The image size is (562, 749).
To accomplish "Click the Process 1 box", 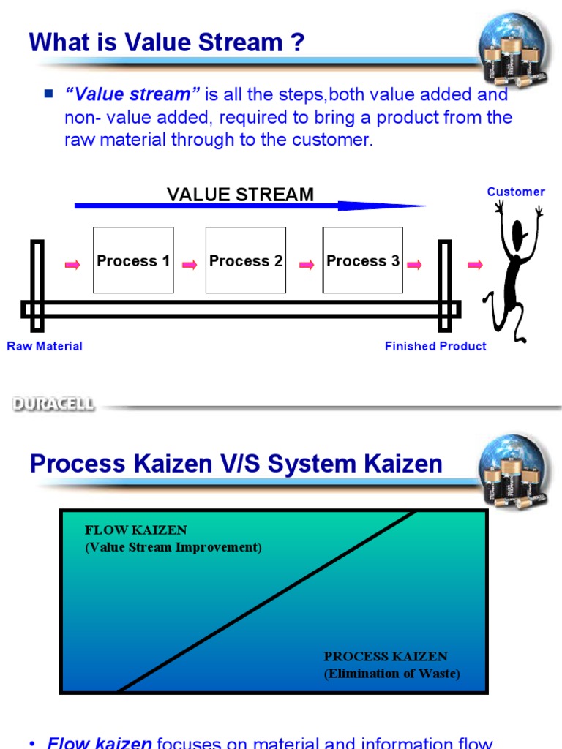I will [x=133, y=260].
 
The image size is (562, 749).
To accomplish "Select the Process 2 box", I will [x=246, y=260].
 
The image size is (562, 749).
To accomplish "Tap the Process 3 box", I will [x=363, y=260].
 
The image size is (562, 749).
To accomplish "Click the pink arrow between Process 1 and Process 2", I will [x=190, y=265].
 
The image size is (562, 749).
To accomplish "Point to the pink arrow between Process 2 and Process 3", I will [x=307, y=265].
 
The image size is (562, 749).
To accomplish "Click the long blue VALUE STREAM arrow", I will [x=249, y=206].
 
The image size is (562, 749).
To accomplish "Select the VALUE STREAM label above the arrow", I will [x=240, y=195].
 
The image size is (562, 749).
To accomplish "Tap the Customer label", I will [x=516, y=192].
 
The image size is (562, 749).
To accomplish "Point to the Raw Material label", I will [x=45, y=347].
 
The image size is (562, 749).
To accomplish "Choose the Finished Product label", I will [x=435, y=347].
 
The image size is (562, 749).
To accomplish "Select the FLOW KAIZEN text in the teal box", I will [x=136, y=530].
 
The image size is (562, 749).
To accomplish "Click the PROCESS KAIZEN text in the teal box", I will [x=386, y=657].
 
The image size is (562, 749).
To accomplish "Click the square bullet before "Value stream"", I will [x=49, y=94].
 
